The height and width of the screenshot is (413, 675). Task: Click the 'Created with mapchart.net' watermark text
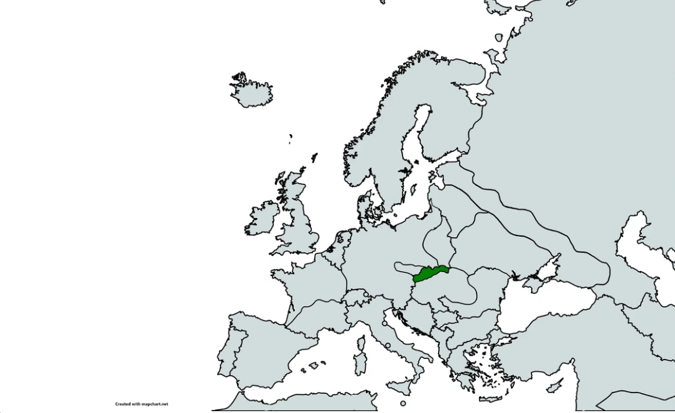tap(141, 404)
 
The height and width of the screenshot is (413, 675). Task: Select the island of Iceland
tap(251, 92)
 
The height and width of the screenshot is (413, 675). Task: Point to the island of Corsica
tap(360, 344)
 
